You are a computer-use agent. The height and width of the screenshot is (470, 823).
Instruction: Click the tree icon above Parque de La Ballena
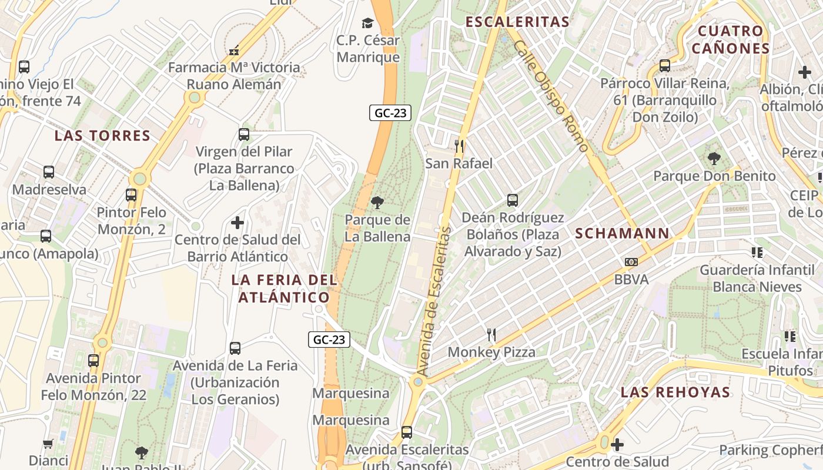[x=377, y=203]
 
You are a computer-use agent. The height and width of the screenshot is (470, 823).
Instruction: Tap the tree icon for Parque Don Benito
[x=714, y=158]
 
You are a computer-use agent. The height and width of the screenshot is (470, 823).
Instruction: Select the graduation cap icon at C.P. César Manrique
[x=367, y=23]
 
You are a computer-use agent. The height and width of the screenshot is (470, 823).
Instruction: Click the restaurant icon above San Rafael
[x=459, y=146]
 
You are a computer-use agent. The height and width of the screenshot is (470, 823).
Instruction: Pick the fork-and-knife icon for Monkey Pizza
[x=491, y=335]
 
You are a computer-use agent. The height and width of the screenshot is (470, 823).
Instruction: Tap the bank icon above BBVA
[x=631, y=262]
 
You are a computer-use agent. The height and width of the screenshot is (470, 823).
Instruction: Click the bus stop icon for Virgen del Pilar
[x=244, y=135]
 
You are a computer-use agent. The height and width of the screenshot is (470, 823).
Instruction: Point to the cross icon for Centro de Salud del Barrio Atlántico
[x=237, y=223]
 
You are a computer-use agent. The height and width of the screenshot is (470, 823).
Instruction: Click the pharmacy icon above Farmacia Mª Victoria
[x=234, y=51]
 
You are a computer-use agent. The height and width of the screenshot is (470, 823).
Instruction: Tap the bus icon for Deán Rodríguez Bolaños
[x=513, y=200]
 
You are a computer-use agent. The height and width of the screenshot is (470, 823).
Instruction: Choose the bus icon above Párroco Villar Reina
[x=665, y=66]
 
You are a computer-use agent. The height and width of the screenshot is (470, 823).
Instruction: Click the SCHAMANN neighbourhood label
[x=622, y=233]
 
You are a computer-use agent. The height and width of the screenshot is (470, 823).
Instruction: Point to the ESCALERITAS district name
[x=517, y=22]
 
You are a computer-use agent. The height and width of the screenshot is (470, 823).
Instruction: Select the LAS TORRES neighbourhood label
[x=102, y=136]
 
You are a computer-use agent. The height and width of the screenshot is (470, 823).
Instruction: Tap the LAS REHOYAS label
[x=675, y=392]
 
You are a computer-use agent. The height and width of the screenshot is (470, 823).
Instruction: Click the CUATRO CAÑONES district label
[x=731, y=39]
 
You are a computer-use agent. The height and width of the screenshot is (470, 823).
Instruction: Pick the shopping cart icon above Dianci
[x=48, y=444]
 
